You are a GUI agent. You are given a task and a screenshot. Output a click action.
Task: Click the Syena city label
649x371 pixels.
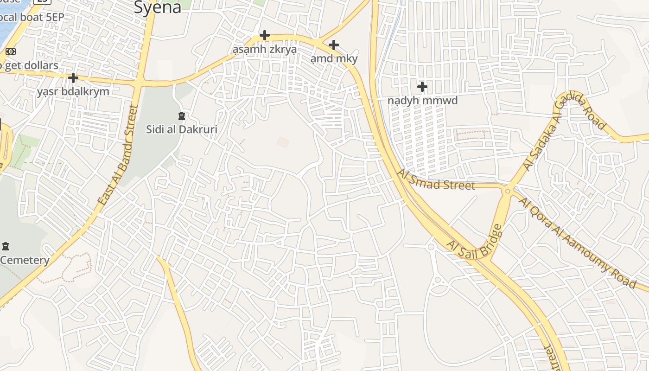[157, 7]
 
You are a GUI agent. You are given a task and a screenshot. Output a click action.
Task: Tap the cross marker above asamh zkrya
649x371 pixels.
[264, 35]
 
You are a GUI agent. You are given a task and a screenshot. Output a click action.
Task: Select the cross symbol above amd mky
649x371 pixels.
[333, 45]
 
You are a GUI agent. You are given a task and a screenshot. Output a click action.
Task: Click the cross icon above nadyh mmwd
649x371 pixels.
[422, 87]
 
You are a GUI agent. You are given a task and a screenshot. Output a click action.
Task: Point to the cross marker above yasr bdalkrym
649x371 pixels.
[73, 77]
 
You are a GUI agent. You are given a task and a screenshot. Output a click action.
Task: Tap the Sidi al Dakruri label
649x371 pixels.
[182, 129]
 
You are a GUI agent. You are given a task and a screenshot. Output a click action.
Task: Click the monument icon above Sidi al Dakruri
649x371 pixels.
[182, 115]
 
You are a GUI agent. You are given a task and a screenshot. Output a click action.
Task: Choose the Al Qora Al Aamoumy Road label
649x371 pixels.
[577, 242]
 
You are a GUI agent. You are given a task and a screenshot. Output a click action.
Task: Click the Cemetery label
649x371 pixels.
[25, 260]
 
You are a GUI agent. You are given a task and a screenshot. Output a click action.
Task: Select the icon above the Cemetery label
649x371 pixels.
[6, 246]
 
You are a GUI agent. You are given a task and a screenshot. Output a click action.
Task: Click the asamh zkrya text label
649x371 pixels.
[264, 49]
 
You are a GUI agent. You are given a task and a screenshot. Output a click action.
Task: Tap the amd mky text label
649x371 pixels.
[334, 58]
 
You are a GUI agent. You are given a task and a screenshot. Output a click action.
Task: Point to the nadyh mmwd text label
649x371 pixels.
[422, 101]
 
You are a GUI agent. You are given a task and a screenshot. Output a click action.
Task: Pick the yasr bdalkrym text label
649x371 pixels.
[73, 91]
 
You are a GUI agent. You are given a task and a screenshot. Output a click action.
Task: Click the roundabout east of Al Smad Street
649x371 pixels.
[508, 191]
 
